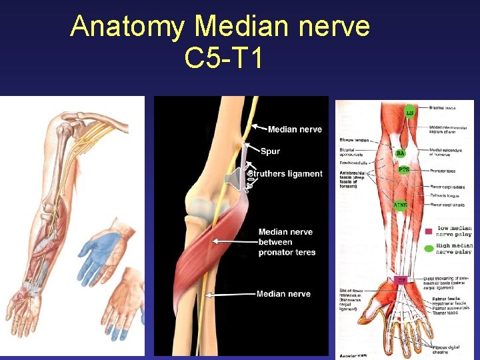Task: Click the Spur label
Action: pyautogui.click(x=270, y=151)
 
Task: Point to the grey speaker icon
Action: pyautogui.click(x=235, y=179)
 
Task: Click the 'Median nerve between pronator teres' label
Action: pyautogui.click(x=287, y=242)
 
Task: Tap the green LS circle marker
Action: pyautogui.click(x=409, y=111)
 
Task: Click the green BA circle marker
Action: pyautogui.click(x=400, y=153)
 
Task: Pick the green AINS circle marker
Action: pyautogui.click(x=400, y=205)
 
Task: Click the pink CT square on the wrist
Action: pyautogui.click(x=402, y=279)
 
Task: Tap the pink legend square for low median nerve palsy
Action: pyautogui.click(x=428, y=231)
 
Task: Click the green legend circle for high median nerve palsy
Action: pyautogui.click(x=428, y=249)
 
